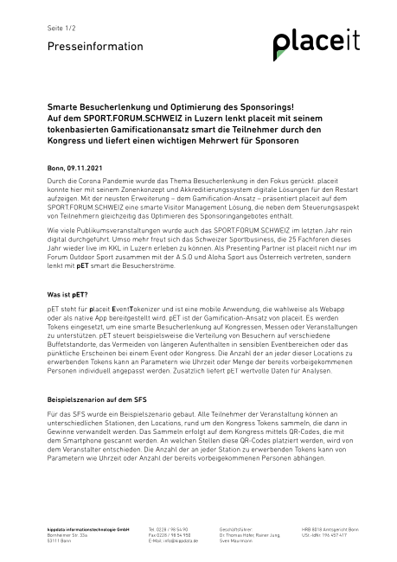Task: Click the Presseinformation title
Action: pyautogui.click(x=83, y=47)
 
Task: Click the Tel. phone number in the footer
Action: pyautogui.click(x=169, y=528)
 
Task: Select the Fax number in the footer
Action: pyautogui.click(x=169, y=534)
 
